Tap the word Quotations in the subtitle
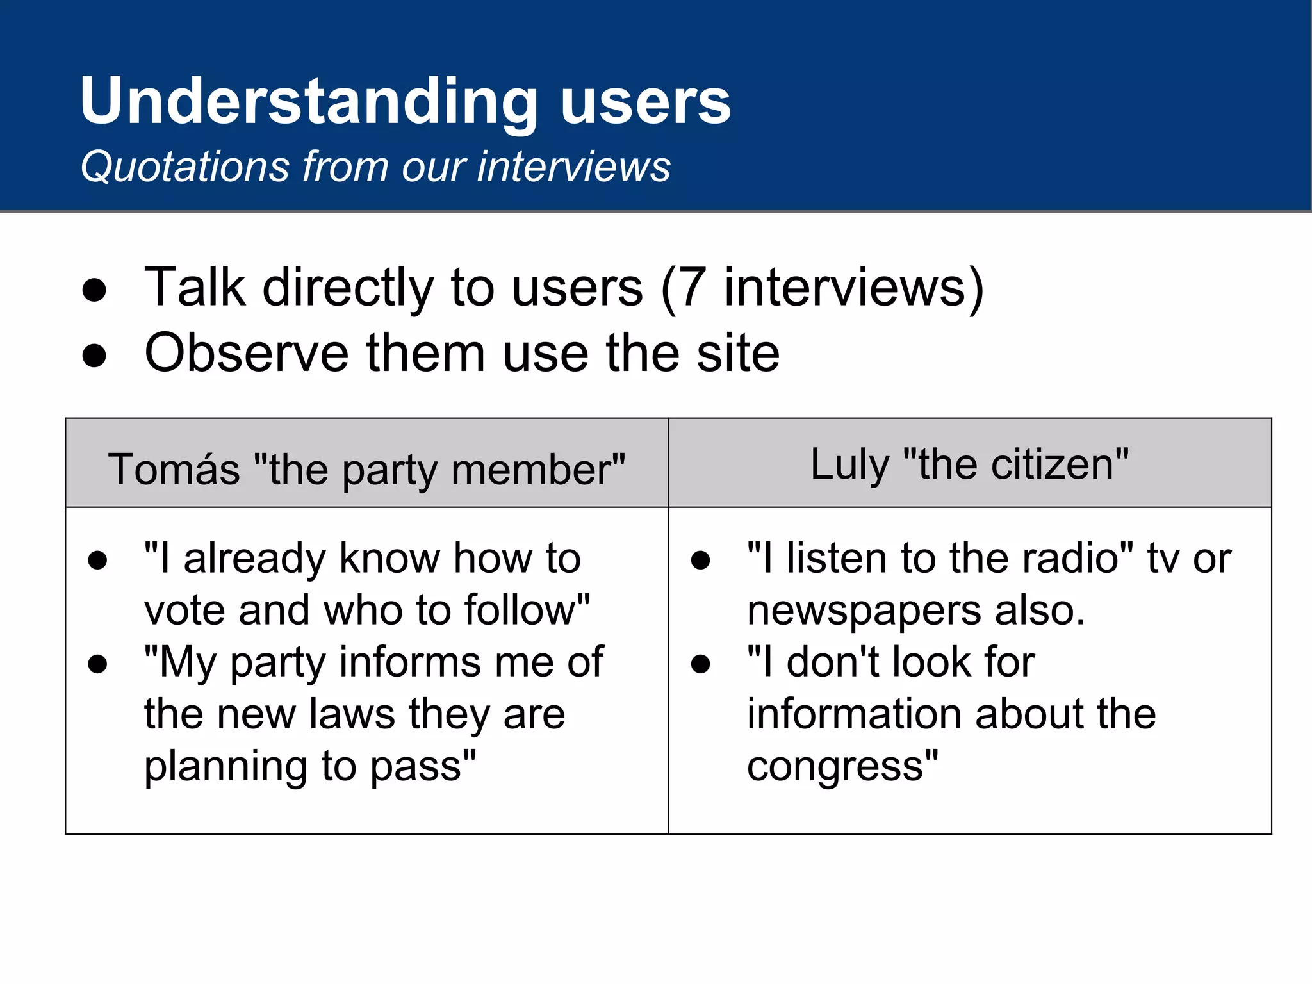point(185,167)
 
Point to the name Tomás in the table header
point(174,469)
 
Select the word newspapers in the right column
point(864,611)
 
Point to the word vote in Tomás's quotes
point(184,610)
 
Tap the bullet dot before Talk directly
point(94,290)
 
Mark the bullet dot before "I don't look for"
point(700,664)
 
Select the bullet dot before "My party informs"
point(97,664)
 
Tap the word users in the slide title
point(645,101)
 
